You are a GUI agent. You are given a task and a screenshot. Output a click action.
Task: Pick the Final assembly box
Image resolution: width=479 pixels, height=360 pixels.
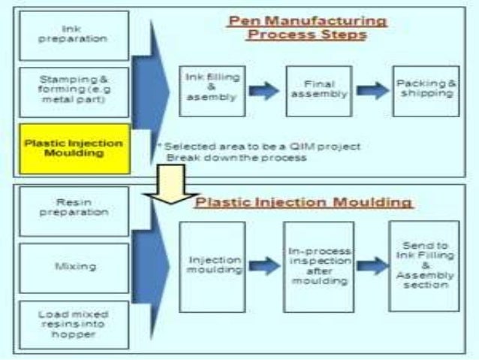tap(320, 90)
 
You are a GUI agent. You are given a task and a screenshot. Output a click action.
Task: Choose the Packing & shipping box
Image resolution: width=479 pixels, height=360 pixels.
tap(426, 90)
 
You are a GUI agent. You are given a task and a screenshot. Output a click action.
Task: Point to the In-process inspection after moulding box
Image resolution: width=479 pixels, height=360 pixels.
tap(319, 265)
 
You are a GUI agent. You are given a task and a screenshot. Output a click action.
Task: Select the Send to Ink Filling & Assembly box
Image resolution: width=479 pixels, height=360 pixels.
tap(424, 265)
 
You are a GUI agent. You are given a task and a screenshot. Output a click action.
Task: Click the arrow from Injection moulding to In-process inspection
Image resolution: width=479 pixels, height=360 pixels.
tap(264, 265)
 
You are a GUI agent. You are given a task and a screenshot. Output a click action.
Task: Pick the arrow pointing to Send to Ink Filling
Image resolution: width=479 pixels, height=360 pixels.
tap(372, 265)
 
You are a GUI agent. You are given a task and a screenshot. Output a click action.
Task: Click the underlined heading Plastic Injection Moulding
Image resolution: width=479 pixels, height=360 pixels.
tap(304, 202)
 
